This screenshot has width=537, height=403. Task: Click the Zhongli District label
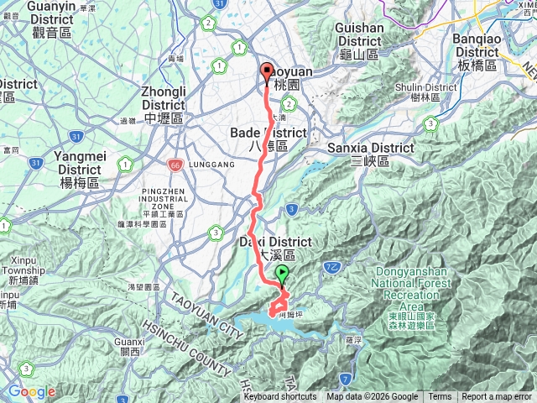[x=163, y=99]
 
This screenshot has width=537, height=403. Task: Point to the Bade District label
[x=266, y=139]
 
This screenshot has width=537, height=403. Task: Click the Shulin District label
[x=428, y=92]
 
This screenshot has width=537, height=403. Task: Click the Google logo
[x=32, y=391]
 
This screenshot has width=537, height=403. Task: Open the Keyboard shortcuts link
[x=279, y=397]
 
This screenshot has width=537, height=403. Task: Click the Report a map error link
[x=497, y=397]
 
